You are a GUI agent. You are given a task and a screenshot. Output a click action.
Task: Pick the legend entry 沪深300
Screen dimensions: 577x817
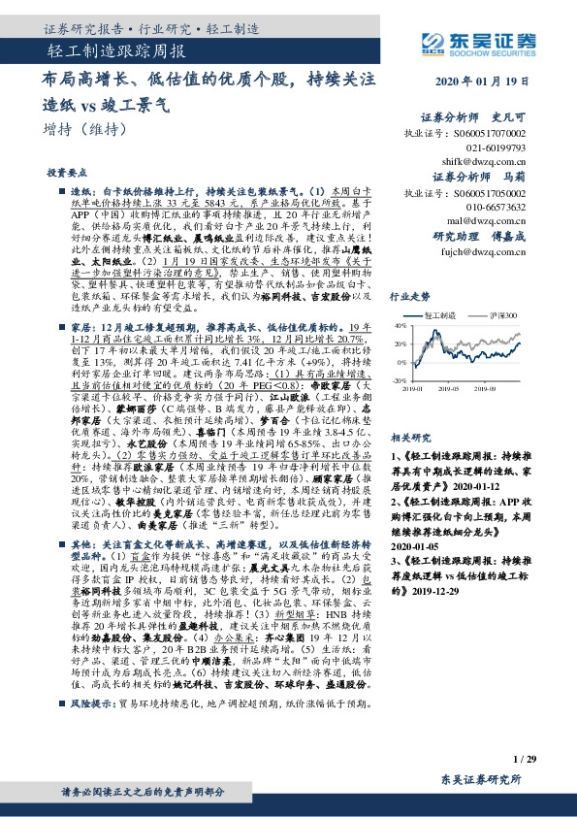tap(503, 316)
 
